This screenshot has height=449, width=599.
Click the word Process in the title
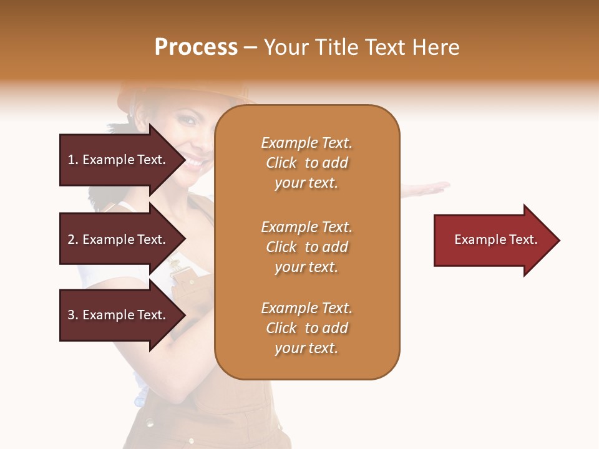point(196,47)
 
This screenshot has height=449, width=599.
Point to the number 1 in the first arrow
point(71,160)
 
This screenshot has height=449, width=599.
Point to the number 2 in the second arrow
point(71,239)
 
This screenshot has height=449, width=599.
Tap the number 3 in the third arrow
point(71,315)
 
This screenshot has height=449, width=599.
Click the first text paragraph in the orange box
point(306,163)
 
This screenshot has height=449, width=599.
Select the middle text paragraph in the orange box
point(306,247)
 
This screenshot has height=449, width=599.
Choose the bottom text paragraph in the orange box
point(306,328)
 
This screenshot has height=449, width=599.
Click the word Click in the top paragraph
point(281,163)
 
